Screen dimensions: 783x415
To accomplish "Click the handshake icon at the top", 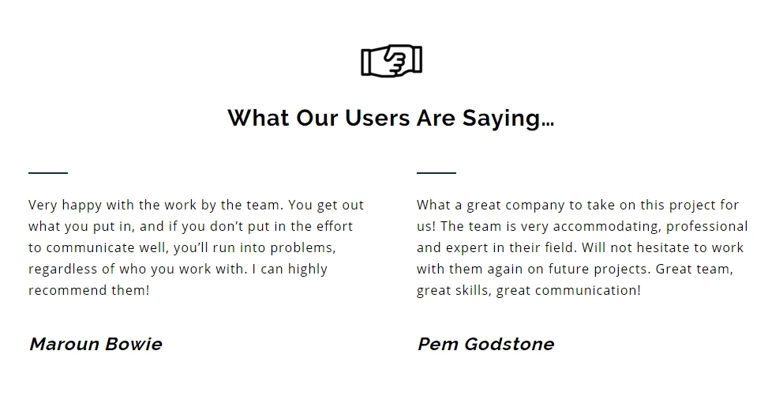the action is point(391,61).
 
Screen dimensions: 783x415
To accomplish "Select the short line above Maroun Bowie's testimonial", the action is point(48,172).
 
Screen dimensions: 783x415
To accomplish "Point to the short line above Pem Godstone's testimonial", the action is point(436,172).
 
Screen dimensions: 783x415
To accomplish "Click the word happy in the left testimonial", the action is point(82,206).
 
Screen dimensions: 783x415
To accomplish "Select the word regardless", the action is point(63,270).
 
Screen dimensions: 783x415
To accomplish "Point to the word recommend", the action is point(67,290).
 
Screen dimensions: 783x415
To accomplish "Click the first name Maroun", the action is point(64,344).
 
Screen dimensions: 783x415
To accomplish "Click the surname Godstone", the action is point(509,344).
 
